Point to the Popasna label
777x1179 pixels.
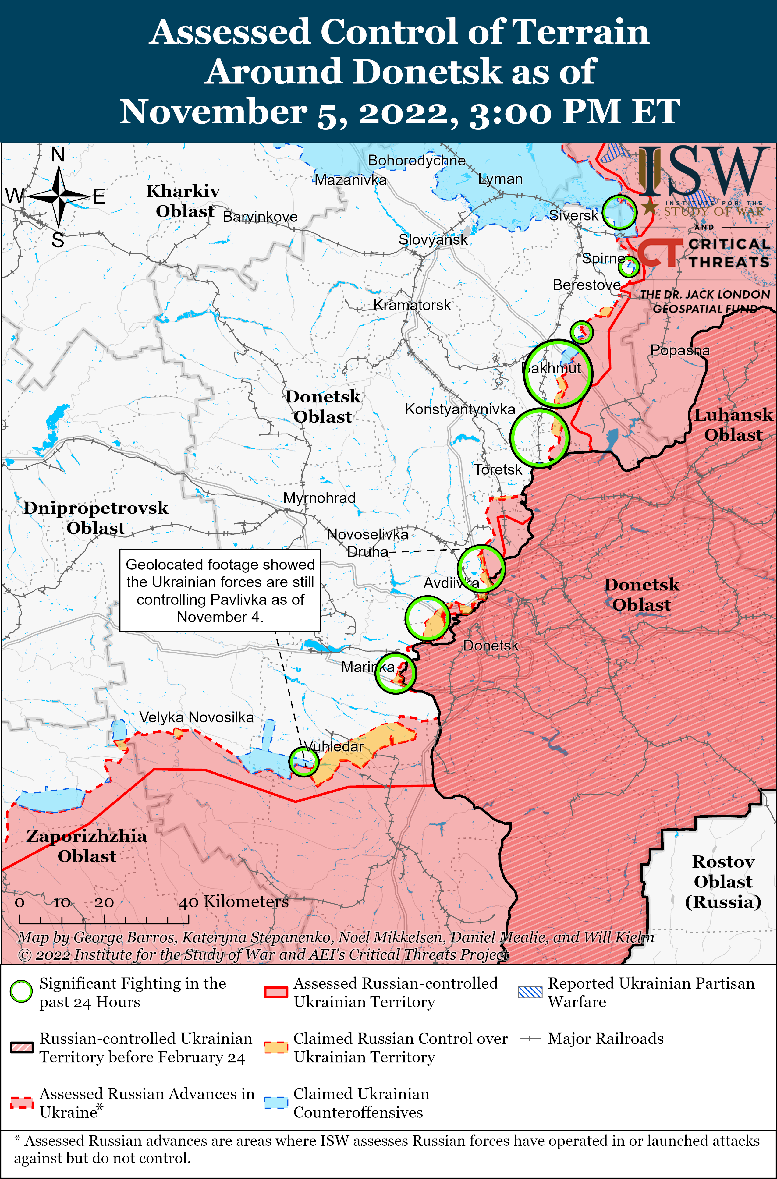(680, 350)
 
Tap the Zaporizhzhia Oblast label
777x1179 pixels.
(87, 846)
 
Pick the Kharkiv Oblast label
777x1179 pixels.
(183, 201)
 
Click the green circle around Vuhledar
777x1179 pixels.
(303, 761)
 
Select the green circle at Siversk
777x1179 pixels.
(619, 212)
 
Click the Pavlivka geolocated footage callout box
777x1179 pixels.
(220, 590)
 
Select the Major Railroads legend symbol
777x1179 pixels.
(530, 1038)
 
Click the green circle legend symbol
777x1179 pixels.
(21, 991)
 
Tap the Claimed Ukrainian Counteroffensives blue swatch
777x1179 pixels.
(275, 1103)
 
